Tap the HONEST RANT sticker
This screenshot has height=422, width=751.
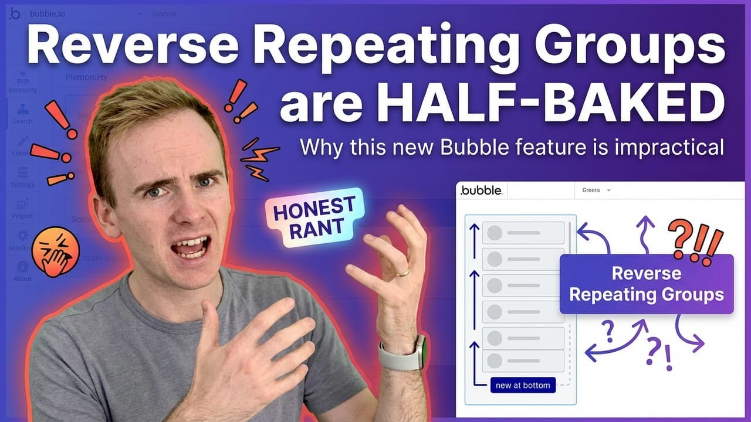[314, 217]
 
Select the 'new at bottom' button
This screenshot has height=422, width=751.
[523, 385]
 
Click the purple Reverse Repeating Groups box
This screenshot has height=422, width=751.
[646, 284]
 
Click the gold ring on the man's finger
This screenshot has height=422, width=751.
[402, 272]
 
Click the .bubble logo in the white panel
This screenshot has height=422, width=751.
[481, 190]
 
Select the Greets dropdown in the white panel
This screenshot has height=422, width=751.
[596, 190]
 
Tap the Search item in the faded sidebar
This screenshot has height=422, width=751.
[22, 114]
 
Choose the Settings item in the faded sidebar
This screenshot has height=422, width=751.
[22, 177]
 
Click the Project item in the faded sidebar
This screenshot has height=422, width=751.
[22, 208]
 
